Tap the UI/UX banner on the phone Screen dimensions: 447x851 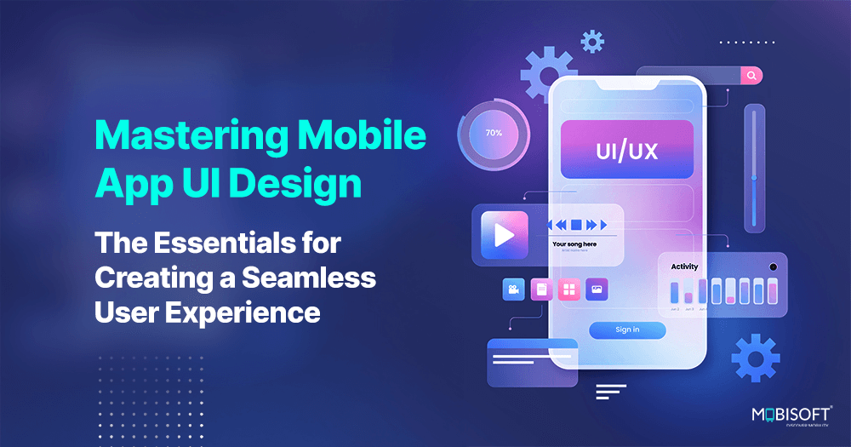pos(627,151)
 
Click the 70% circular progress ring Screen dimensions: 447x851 pos(494,133)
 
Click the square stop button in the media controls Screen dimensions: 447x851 pos(576,225)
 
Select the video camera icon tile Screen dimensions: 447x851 pos(513,290)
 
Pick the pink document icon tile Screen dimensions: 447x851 pos(540,290)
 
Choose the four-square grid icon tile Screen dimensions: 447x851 pos(568,290)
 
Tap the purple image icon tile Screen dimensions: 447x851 pos(597,290)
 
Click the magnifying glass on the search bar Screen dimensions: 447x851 pos(751,76)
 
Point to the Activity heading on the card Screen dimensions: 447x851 pos(684,266)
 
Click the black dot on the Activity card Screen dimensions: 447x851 pos(773,267)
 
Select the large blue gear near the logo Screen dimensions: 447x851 pos(755,358)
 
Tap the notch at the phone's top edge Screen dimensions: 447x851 pos(627,83)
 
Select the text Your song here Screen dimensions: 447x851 pos(574,244)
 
